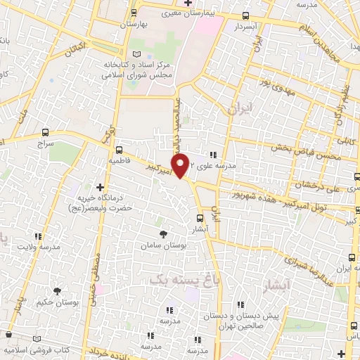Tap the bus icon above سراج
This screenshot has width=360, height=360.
pos(46,131)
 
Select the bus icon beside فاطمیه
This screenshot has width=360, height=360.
pos(119,149)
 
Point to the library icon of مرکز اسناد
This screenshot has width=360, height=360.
pos(136,54)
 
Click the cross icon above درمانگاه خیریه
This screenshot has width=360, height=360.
pos(101,188)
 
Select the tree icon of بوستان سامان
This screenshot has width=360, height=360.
pos(164,233)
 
